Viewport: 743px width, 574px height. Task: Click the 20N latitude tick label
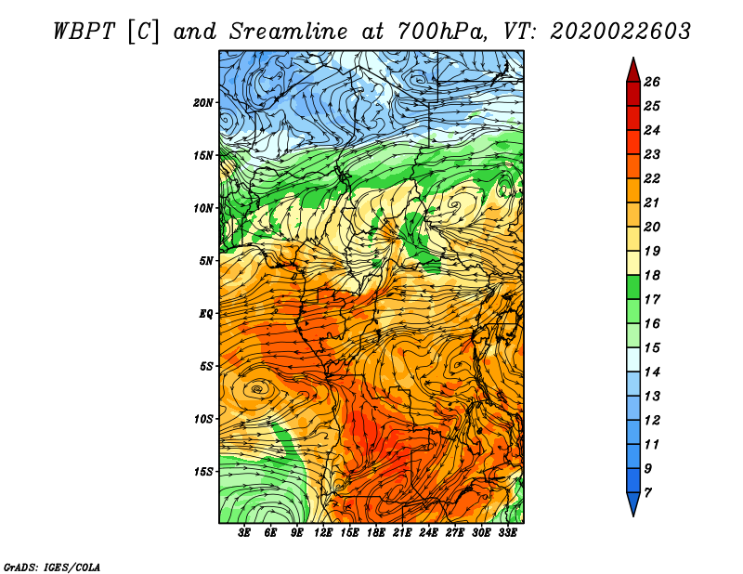click(x=203, y=102)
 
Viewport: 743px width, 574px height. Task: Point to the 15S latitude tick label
click(x=203, y=472)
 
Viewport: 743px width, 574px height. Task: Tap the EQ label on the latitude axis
click(x=206, y=314)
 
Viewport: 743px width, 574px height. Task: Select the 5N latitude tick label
click(x=206, y=261)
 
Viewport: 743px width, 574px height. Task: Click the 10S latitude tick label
click(x=203, y=419)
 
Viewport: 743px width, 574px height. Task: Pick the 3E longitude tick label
click(x=245, y=532)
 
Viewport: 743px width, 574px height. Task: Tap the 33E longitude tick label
click(x=508, y=532)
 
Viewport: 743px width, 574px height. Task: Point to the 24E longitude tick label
click(x=429, y=532)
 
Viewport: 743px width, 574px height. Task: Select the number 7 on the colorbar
click(x=647, y=492)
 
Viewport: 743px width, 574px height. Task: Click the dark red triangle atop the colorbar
click(x=632, y=69)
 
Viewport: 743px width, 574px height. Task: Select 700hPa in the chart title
click(x=442, y=31)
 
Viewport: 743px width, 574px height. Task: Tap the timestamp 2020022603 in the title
click(x=619, y=31)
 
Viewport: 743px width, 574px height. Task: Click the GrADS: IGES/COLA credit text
click(x=52, y=566)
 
